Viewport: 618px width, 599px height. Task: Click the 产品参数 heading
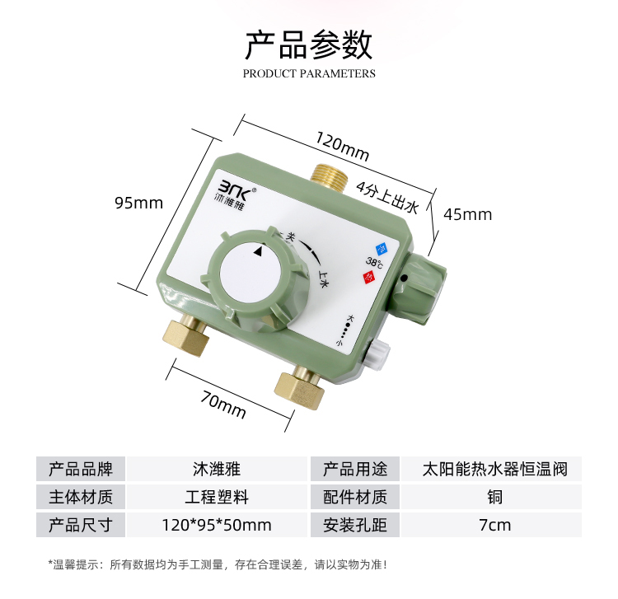pos(308,44)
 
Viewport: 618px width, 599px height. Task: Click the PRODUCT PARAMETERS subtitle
pos(309,73)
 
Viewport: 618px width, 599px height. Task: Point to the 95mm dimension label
pos(139,203)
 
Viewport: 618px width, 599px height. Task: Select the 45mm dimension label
pos(467,214)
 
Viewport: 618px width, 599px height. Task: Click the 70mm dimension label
pos(224,403)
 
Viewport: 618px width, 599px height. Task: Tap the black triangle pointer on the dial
pos(261,254)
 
